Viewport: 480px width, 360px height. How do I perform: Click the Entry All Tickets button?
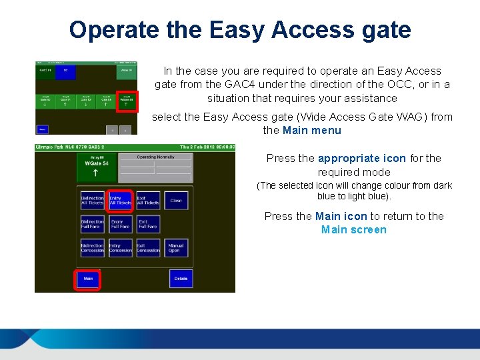pos(120,200)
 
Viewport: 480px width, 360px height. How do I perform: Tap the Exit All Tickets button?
pos(148,200)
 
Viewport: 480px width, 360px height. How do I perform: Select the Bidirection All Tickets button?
pos(92,200)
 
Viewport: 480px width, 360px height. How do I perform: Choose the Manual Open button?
pos(176,248)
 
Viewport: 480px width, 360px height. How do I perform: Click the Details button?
pos(181,279)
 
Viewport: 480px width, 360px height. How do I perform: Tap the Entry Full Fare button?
pos(120,224)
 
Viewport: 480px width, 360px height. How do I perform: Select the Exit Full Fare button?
pos(148,224)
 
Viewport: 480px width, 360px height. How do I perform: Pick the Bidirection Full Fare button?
pos(92,224)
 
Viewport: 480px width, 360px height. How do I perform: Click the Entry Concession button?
pos(120,248)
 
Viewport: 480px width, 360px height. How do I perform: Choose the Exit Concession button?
pos(148,248)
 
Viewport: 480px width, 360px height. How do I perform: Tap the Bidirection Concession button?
pos(92,248)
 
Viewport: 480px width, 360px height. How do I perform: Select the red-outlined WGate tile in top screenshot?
pos(127,101)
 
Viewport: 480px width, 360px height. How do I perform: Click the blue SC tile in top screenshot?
pos(65,71)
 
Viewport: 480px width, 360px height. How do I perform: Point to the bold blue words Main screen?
pos(353,230)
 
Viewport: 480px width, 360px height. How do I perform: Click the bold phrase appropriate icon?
pos(361,159)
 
